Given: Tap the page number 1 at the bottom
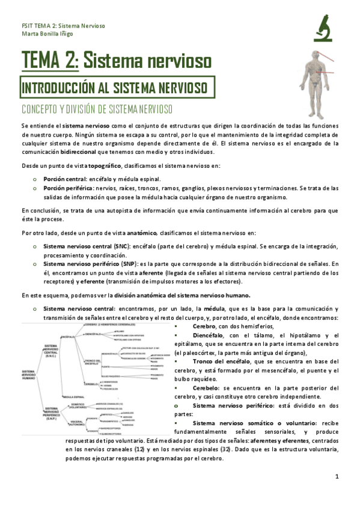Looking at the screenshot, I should (x=338, y=477).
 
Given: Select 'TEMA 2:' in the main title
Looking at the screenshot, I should (x=50, y=61).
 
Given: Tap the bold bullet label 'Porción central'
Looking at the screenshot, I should (x=64, y=179).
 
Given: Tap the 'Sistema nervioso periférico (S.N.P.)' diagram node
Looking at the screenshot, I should (x=54, y=414).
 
